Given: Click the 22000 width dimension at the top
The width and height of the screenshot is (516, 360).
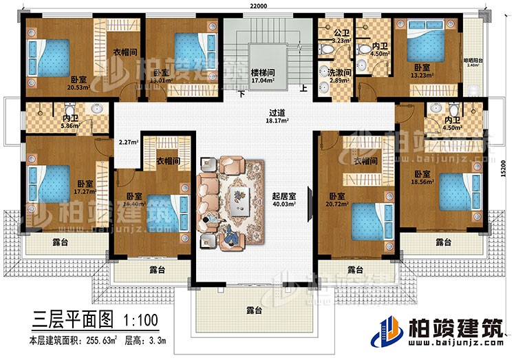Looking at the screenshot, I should click(259, 6).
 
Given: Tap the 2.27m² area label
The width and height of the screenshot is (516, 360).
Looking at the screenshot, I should click(127, 143).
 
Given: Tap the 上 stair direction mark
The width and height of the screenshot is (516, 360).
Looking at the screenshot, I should click(303, 87).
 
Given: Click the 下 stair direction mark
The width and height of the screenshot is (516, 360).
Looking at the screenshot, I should click(241, 94).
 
